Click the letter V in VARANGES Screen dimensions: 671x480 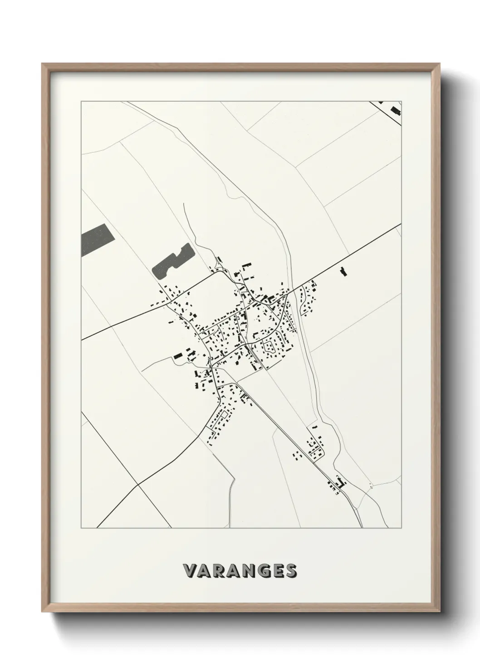[x=190, y=571]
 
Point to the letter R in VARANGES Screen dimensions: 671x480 [x=218, y=571]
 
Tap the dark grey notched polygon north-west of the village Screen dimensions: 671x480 [x=171, y=262]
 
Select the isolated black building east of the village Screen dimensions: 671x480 [x=343, y=272]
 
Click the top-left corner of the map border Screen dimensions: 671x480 [x=81, y=102]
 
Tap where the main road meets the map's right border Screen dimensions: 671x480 [x=401, y=224]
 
